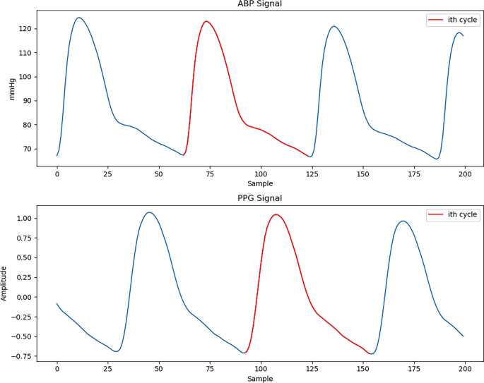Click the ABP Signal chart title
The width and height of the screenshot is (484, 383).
pos(259,5)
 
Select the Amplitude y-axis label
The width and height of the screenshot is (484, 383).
pos(5,283)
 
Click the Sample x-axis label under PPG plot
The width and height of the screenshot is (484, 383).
pos(259,379)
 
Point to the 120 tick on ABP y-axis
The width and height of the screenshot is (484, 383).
pos(25,29)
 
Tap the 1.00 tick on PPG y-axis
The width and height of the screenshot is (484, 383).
pos(24,219)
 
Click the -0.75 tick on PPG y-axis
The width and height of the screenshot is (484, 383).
pos(21,357)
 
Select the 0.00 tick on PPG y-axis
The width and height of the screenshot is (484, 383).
pos(24,298)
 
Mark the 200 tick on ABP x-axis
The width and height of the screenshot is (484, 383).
pos(464,174)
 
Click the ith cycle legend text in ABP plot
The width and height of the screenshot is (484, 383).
pos(462,20)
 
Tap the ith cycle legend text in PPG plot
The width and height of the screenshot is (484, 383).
pos(462,215)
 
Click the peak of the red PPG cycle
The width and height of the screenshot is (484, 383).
pos(276,214)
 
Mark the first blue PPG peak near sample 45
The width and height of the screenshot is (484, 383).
pos(149,212)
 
